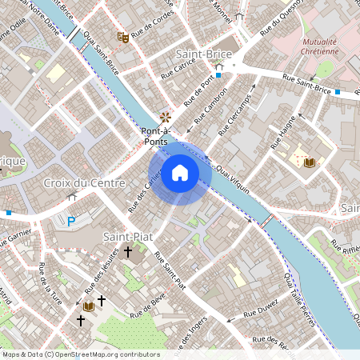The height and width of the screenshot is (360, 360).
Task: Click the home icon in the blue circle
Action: pos(180,173)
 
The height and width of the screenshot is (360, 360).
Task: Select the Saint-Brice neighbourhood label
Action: pos(203,54)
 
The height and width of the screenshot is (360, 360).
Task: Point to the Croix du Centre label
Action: pos(85,183)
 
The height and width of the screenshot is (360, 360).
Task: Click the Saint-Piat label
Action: pos(128,237)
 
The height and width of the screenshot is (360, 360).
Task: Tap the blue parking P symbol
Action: pos(71,222)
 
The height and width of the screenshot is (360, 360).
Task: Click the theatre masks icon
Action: pos(123,37)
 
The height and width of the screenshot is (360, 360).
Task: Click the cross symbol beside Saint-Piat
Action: pos(128,251)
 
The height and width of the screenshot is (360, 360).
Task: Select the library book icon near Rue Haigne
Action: pos(309,162)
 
